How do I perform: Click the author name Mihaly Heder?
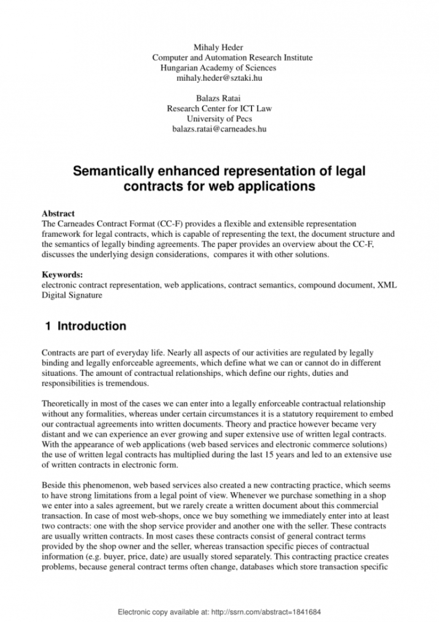(219, 47)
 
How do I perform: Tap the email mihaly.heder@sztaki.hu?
(219, 78)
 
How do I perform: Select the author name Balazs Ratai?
(219, 98)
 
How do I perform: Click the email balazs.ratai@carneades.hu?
(219, 129)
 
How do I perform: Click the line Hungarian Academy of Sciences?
(218, 68)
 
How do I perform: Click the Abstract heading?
(58, 213)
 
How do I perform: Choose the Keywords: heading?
(61, 274)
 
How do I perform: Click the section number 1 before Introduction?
(48, 326)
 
